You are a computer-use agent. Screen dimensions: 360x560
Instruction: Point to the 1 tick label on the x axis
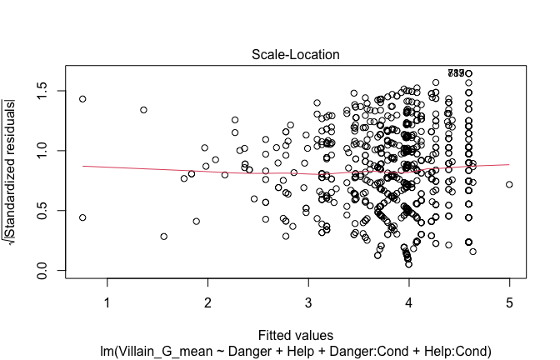tap(107, 301)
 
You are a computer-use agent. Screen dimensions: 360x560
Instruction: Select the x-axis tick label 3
tap(307, 301)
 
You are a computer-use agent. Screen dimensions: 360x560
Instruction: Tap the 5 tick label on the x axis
tap(508, 301)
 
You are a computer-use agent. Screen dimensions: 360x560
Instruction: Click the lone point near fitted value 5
tap(508, 184)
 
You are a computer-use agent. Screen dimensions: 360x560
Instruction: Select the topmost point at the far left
tap(82, 99)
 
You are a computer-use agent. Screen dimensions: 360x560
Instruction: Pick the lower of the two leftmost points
tap(82, 217)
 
